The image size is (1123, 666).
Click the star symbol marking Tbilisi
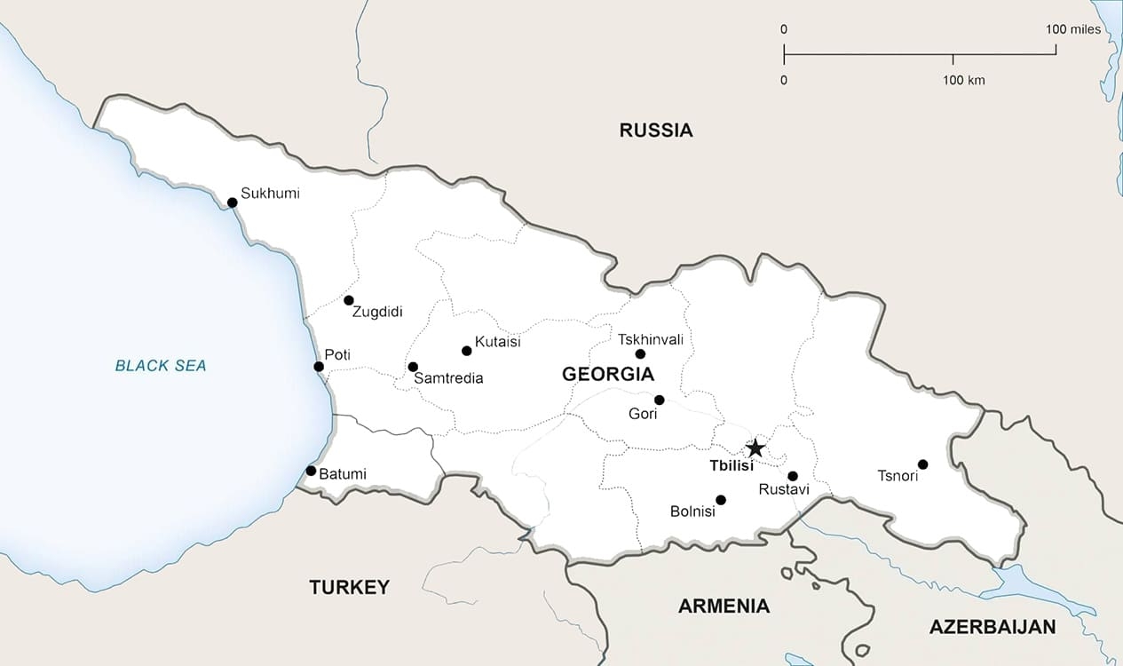point(755,448)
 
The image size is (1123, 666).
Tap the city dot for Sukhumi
point(233,202)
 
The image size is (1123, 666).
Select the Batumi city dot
point(311,471)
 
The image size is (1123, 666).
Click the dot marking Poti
point(319,366)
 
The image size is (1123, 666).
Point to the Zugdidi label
point(377,312)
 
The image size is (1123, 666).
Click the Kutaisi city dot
point(467,351)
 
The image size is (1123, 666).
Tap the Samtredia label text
point(449,378)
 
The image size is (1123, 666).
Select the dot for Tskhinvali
point(640,354)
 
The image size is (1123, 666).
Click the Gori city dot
point(659,400)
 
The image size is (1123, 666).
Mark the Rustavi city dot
point(793,476)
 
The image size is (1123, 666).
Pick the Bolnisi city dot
point(721,500)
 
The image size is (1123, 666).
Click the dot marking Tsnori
point(922,464)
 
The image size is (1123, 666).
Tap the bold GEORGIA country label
point(608,375)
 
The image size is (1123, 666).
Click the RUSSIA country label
point(656,131)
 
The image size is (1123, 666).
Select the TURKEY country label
point(349,587)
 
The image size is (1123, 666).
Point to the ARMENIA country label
point(724,607)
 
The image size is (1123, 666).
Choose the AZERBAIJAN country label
point(993,627)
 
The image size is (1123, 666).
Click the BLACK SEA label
point(161,365)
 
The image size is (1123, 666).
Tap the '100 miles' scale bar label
point(1073,29)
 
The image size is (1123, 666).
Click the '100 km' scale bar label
point(963,81)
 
